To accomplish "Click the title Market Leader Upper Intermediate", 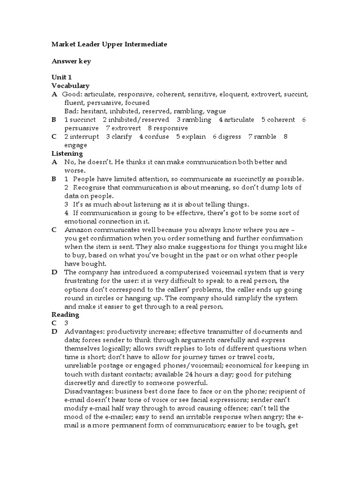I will [109, 44].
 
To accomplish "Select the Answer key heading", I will [71, 61].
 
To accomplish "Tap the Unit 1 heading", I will [61, 77].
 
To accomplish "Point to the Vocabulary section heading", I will [70, 86].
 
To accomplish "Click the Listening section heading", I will [67, 153].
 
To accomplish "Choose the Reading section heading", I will [65, 315].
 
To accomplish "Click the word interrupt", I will [84, 136].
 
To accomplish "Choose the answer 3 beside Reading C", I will [67, 323].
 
